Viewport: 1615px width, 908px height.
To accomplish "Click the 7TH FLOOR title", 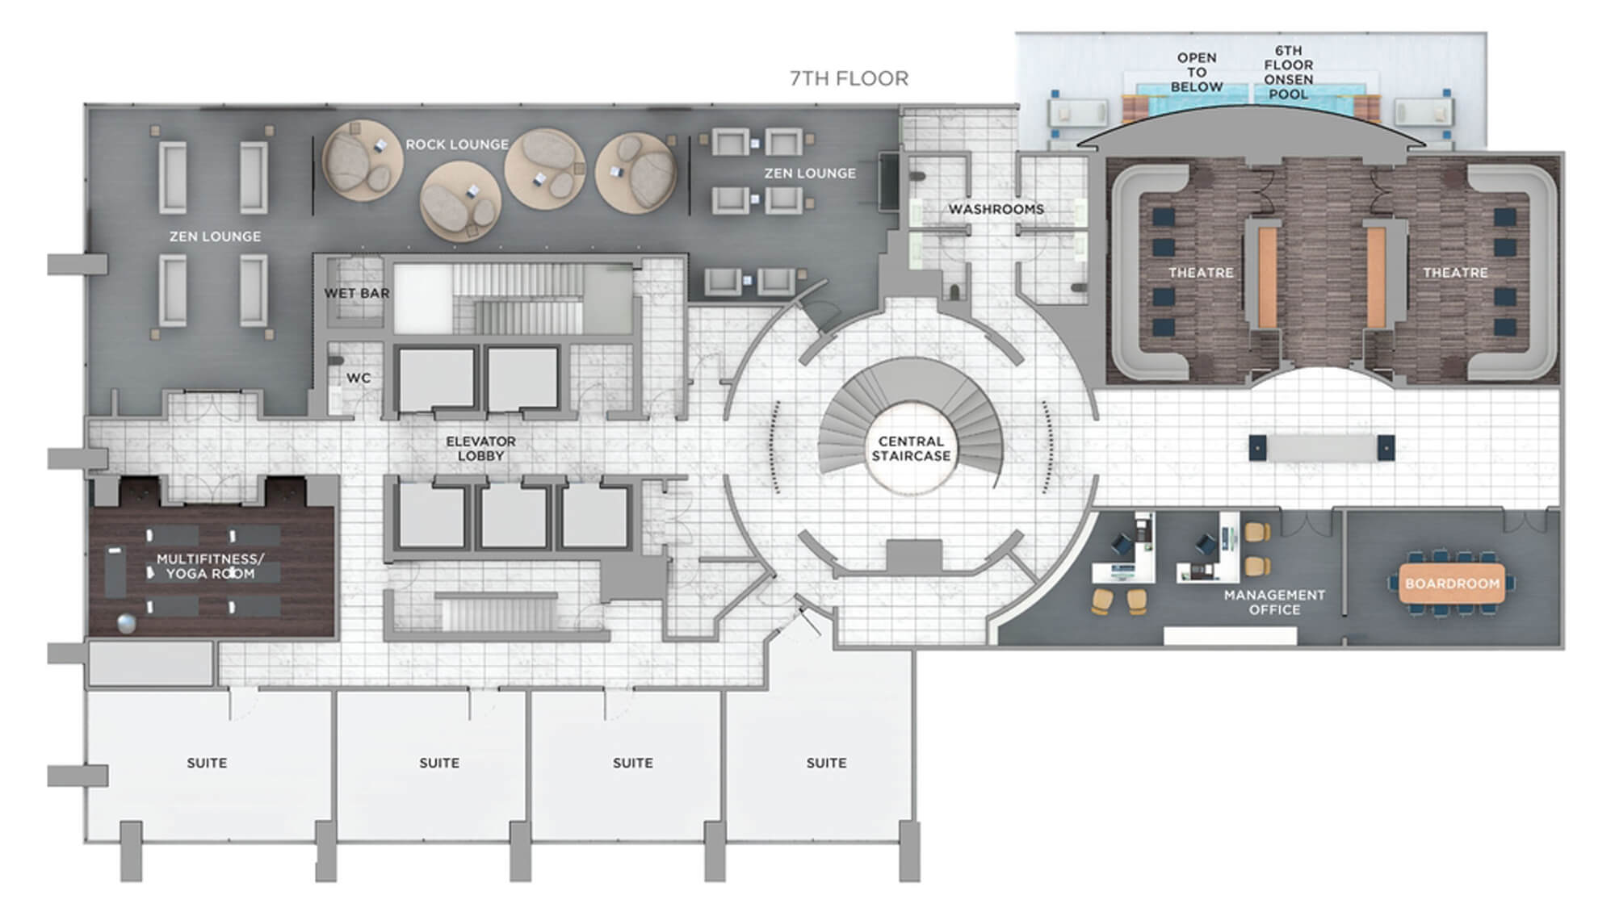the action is (849, 78).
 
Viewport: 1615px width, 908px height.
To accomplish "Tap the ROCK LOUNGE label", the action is (457, 144).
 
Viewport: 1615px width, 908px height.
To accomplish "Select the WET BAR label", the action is (357, 293).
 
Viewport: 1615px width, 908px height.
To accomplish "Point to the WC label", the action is (359, 378).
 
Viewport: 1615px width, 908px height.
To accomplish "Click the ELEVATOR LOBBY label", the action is (480, 449).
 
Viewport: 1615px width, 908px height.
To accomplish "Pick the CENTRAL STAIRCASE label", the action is (911, 449).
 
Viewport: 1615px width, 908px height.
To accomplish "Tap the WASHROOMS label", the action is (996, 209).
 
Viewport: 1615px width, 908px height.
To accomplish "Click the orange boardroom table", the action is (1452, 584).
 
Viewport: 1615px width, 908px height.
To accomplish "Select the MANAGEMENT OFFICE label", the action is (1274, 602).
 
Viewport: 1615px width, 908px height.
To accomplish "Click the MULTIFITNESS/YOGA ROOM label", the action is (210, 566).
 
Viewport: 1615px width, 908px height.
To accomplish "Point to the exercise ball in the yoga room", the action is (127, 624).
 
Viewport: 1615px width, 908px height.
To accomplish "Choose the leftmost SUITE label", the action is (207, 763).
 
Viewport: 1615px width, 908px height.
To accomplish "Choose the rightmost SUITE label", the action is (826, 763).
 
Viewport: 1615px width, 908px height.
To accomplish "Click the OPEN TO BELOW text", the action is (1197, 72).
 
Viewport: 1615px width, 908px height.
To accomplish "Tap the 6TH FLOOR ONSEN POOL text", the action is (1289, 72).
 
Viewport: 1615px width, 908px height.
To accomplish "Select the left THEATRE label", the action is (1201, 273).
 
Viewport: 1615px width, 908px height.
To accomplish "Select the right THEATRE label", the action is (1455, 273).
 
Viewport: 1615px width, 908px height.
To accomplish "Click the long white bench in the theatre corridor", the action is (1321, 448).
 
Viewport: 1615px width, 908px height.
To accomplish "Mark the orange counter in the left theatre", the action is (1266, 277).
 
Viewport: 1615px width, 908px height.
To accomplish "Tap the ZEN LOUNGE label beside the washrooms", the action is (810, 173).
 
